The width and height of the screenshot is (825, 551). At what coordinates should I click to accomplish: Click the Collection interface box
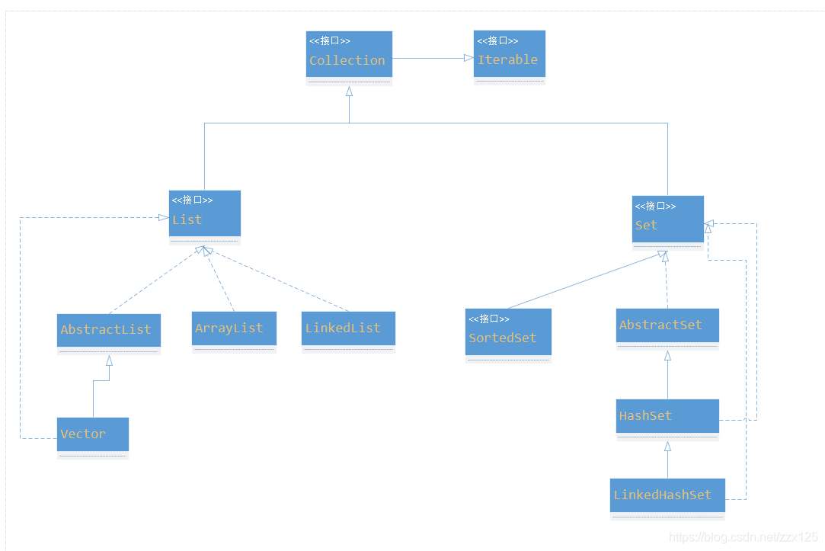(x=349, y=57)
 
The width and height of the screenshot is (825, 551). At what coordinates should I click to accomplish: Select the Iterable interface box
(x=509, y=56)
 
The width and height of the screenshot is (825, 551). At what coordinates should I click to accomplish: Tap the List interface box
(x=204, y=216)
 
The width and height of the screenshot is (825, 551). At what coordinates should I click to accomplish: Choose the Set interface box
(x=667, y=222)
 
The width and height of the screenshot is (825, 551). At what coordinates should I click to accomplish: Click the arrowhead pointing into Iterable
(x=468, y=58)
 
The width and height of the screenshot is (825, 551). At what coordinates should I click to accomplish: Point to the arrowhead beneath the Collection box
(x=349, y=91)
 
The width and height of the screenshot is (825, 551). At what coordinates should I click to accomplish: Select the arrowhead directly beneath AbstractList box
(x=109, y=360)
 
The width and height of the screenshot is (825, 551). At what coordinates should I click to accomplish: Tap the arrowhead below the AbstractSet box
(x=667, y=356)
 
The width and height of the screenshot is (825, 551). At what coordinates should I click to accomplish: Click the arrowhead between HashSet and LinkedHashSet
(x=667, y=447)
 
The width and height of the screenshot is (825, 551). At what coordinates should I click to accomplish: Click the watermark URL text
(x=743, y=537)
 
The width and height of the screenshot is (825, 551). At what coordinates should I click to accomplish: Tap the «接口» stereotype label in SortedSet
(x=489, y=319)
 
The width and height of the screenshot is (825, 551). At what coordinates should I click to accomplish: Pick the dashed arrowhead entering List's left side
(x=163, y=217)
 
